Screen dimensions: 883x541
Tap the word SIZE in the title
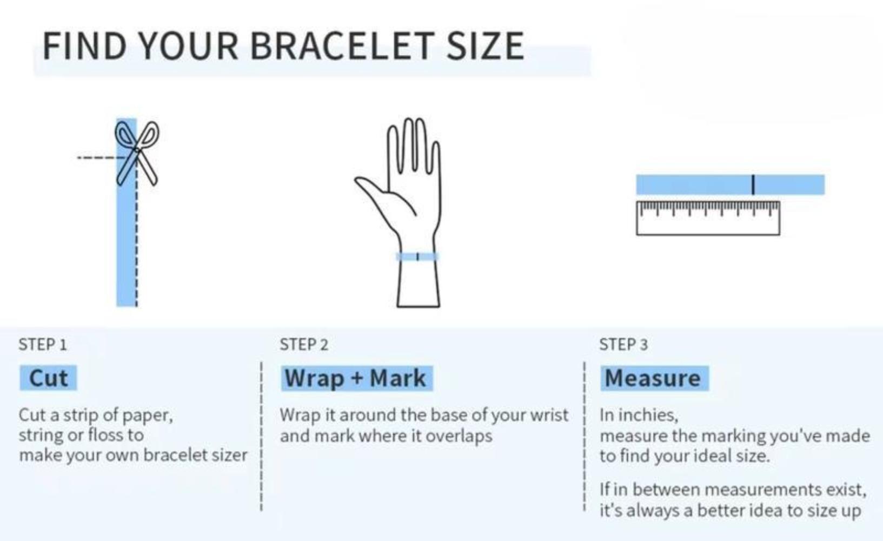tap(486, 46)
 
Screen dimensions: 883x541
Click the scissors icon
tap(137, 153)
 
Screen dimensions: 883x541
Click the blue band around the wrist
tap(417, 256)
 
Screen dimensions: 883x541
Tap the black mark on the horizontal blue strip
tap(753, 184)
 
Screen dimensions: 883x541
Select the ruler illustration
tap(708, 218)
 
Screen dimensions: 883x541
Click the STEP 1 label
tap(43, 345)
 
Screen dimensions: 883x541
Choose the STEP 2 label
tap(304, 345)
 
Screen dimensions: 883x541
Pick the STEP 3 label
tap(623, 345)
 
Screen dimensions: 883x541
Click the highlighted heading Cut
tap(49, 378)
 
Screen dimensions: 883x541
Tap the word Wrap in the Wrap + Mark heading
tap(314, 379)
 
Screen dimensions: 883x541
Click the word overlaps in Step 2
tap(459, 437)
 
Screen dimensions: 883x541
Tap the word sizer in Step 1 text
tap(230, 456)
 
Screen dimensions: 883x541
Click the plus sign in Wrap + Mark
tap(357, 379)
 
